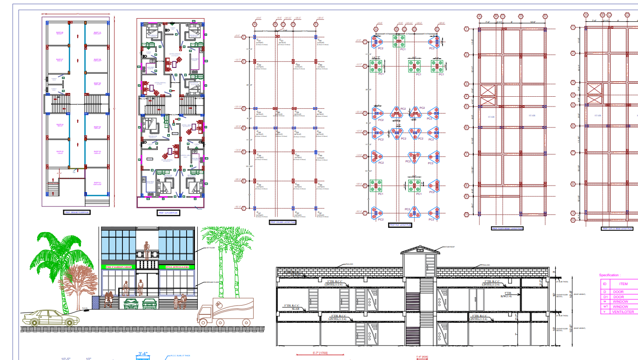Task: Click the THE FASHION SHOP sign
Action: (x=119, y=267)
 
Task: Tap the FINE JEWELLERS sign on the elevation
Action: (x=177, y=267)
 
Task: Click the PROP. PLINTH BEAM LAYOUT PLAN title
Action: (x=507, y=228)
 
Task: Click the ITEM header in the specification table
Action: (x=623, y=284)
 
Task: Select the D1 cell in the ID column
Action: (x=605, y=297)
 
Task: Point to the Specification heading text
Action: (x=610, y=275)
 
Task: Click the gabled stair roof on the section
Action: (x=421, y=250)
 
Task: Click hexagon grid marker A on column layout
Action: (x=255, y=24)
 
